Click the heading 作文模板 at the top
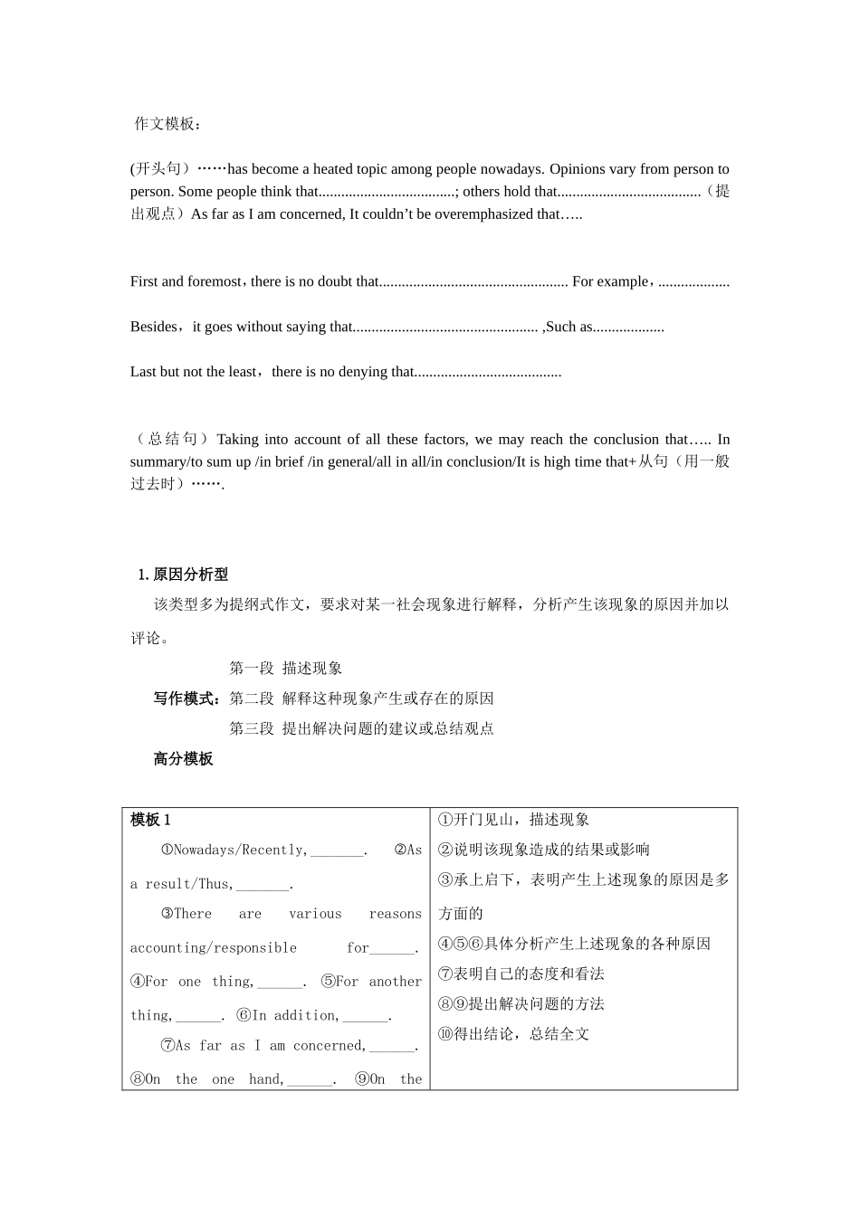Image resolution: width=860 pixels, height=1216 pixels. tap(168, 124)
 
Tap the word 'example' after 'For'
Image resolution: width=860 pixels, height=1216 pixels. tap(623, 281)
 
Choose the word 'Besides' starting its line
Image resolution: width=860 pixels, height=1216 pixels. tap(154, 327)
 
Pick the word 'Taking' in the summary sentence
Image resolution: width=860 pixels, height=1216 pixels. tap(237, 440)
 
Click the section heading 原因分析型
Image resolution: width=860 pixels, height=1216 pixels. tap(190, 575)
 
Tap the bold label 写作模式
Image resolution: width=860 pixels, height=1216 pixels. tap(187, 698)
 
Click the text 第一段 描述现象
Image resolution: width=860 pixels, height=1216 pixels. tap(285, 669)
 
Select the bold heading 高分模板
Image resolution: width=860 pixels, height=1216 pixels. tap(183, 759)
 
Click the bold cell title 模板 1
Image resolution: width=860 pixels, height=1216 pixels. tap(150, 820)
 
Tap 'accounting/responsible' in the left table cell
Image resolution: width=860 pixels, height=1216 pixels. tap(213, 948)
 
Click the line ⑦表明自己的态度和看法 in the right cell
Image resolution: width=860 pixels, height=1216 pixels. tap(521, 974)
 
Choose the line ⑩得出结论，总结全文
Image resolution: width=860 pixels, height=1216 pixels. tap(513, 1034)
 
